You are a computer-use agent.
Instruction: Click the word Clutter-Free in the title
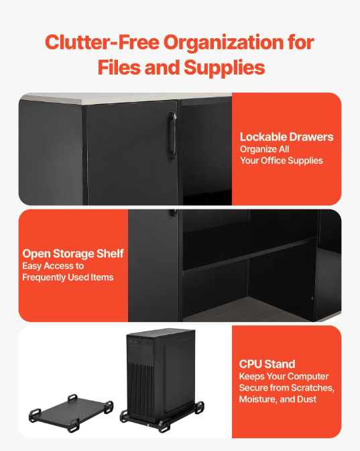102,42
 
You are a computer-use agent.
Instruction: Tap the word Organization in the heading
224,43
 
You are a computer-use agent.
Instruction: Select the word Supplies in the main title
224,68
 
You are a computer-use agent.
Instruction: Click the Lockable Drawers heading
286,137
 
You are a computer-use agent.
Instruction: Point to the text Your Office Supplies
282,160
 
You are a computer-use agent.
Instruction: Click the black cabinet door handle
173,135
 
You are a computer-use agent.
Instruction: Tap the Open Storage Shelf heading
73,254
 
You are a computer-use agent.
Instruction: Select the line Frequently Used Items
68,277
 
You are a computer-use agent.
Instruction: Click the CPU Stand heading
267,364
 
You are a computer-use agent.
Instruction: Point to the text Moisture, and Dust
278,399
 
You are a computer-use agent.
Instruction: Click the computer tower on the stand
161,374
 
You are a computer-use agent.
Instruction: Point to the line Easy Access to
53,266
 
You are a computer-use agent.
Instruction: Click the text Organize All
264,149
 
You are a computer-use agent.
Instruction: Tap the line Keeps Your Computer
284,377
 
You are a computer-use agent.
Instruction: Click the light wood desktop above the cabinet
127,98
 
